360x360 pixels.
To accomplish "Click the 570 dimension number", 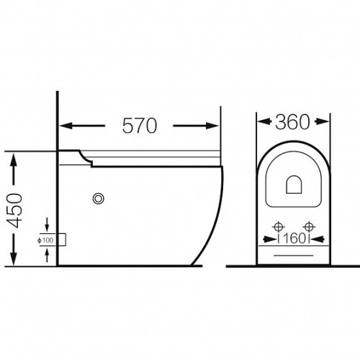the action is pos(140,125).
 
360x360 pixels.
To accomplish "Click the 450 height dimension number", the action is pos(14,210).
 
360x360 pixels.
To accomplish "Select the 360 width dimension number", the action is pos(292,122).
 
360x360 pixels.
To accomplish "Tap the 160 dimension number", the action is pos(294,238).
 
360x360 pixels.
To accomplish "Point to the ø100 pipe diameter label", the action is pos(45,240).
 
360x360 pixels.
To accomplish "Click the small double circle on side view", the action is pos(98,199).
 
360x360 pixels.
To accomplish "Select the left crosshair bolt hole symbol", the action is pos(279,226).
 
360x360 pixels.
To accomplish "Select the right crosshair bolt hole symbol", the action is pos(309,226).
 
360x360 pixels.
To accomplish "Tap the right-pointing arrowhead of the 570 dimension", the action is pos(212,125).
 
